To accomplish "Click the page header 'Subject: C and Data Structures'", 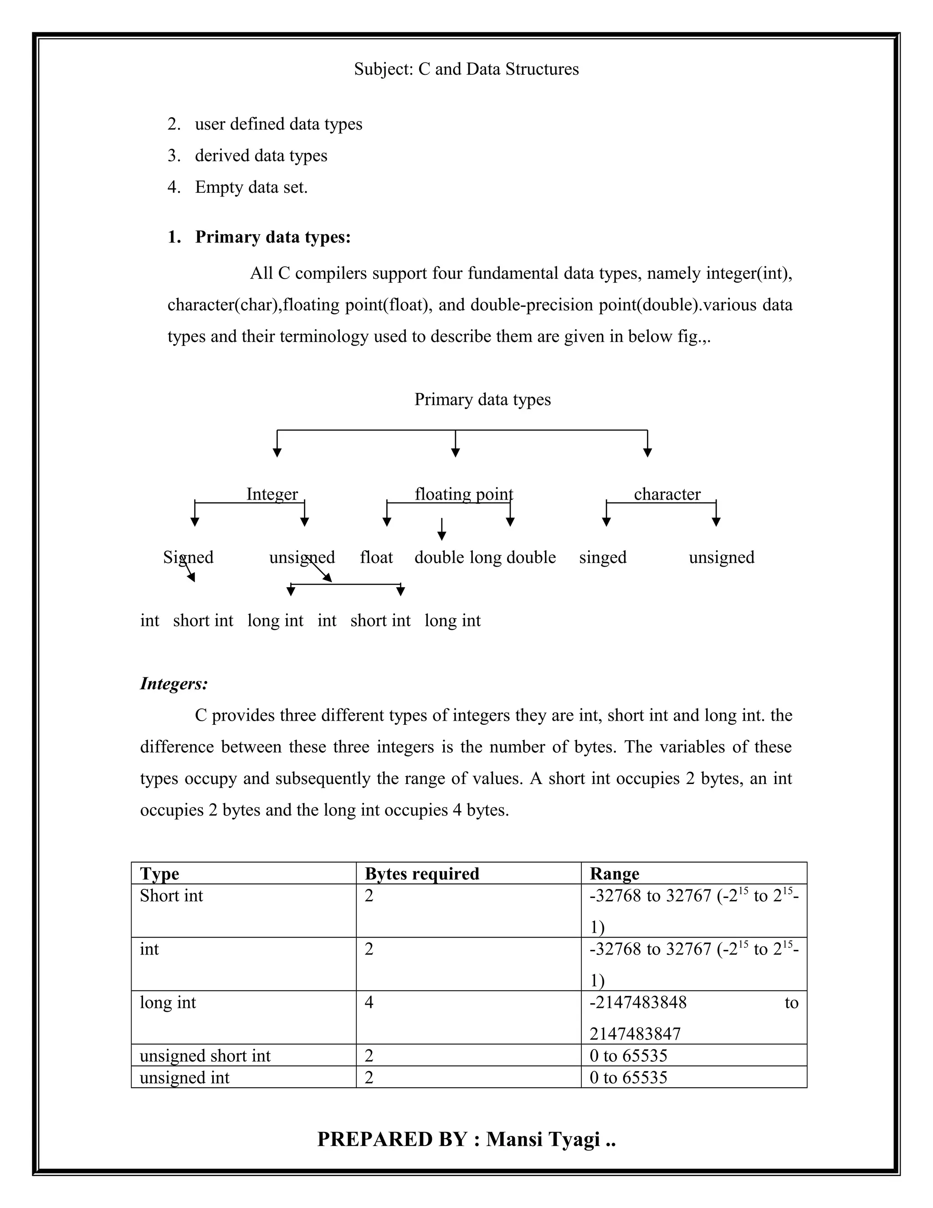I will [466, 69].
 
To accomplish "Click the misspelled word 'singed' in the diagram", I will [602, 557].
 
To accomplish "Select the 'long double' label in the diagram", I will [513, 557].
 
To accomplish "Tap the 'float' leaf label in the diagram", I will [376, 557].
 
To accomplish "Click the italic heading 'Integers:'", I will [174, 684].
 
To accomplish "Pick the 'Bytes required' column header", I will [422, 873].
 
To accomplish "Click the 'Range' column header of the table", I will [614, 873].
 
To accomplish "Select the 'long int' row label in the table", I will [168, 1002].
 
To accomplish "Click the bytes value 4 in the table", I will [369, 1002].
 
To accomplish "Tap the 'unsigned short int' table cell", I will [205, 1055].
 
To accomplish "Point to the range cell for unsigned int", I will [628, 1078].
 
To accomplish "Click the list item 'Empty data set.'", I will [251, 187].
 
